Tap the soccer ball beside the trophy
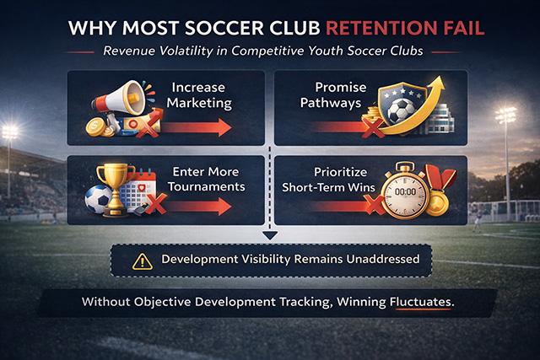[100, 201]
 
